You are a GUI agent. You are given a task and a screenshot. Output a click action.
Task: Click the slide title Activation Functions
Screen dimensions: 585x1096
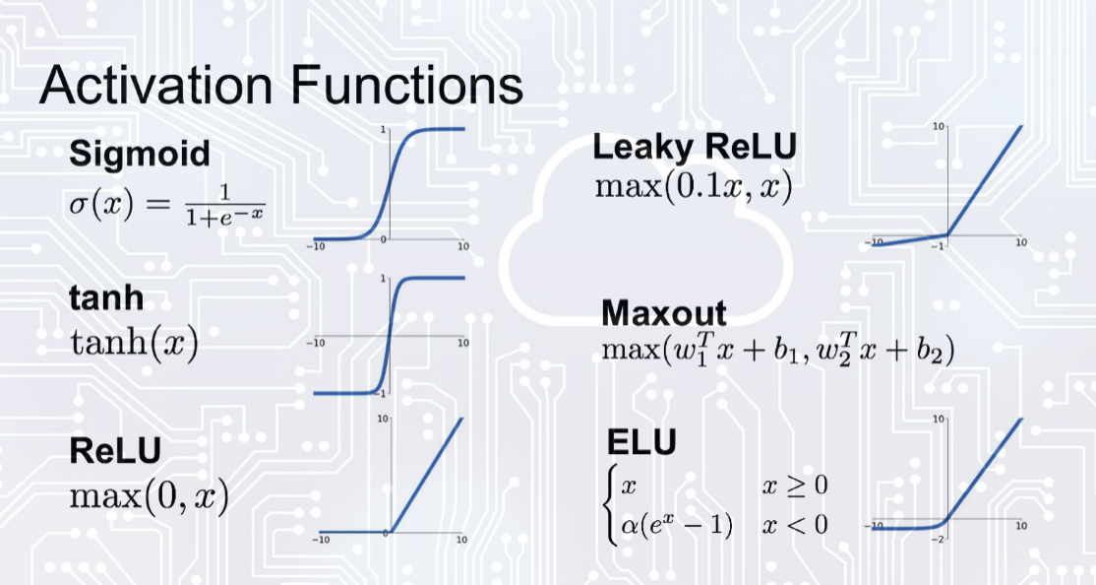[280, 85]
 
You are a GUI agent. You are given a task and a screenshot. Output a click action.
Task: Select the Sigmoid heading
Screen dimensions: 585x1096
[139, 154]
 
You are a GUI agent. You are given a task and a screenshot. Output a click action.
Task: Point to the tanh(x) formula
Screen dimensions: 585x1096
[134, 344]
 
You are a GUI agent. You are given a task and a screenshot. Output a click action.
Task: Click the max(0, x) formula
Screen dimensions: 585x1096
[149, 496]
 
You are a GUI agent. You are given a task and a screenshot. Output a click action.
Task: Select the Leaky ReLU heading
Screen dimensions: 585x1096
[695, 148]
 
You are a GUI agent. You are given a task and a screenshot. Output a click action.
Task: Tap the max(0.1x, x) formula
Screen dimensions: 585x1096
[694, 187]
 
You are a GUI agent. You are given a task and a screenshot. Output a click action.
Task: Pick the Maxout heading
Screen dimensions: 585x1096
[663, 313]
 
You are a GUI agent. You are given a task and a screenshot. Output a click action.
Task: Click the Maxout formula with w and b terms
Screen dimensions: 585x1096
[776, 352]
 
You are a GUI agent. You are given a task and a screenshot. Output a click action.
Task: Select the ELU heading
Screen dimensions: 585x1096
[642, 442]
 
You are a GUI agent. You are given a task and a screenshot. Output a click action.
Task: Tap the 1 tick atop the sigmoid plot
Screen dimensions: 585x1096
[383, 129]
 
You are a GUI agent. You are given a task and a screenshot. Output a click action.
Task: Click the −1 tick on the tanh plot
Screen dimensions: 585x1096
[384, 394]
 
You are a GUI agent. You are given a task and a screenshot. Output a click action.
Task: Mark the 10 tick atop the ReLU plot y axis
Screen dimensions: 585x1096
[381, 421]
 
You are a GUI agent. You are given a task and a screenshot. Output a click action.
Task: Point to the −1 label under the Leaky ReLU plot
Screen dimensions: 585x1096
[941, 246]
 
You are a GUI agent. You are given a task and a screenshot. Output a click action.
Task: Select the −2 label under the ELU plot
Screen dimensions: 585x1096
[941, 540]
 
